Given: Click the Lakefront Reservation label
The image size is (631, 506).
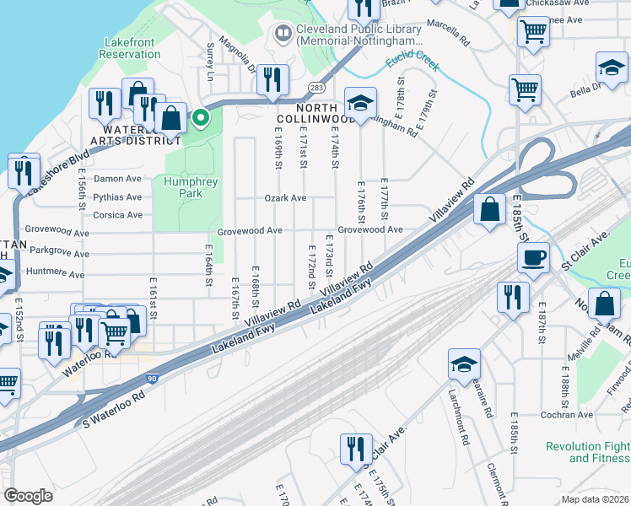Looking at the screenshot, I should point(132,48).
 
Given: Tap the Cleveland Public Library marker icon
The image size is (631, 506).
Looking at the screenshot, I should point(282,34).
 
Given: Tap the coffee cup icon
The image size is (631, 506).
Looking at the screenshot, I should point(534,258).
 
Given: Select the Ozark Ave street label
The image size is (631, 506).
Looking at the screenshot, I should point(286,198).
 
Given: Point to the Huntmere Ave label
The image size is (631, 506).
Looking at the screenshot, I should point(55,274).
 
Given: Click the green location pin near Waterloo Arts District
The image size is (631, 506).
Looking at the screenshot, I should point(200,118).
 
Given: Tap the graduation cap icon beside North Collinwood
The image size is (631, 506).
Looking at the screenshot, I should point(360,105).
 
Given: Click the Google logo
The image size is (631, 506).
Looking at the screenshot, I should point(28,496).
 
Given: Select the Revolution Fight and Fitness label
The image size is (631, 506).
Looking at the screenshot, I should point(587,452).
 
